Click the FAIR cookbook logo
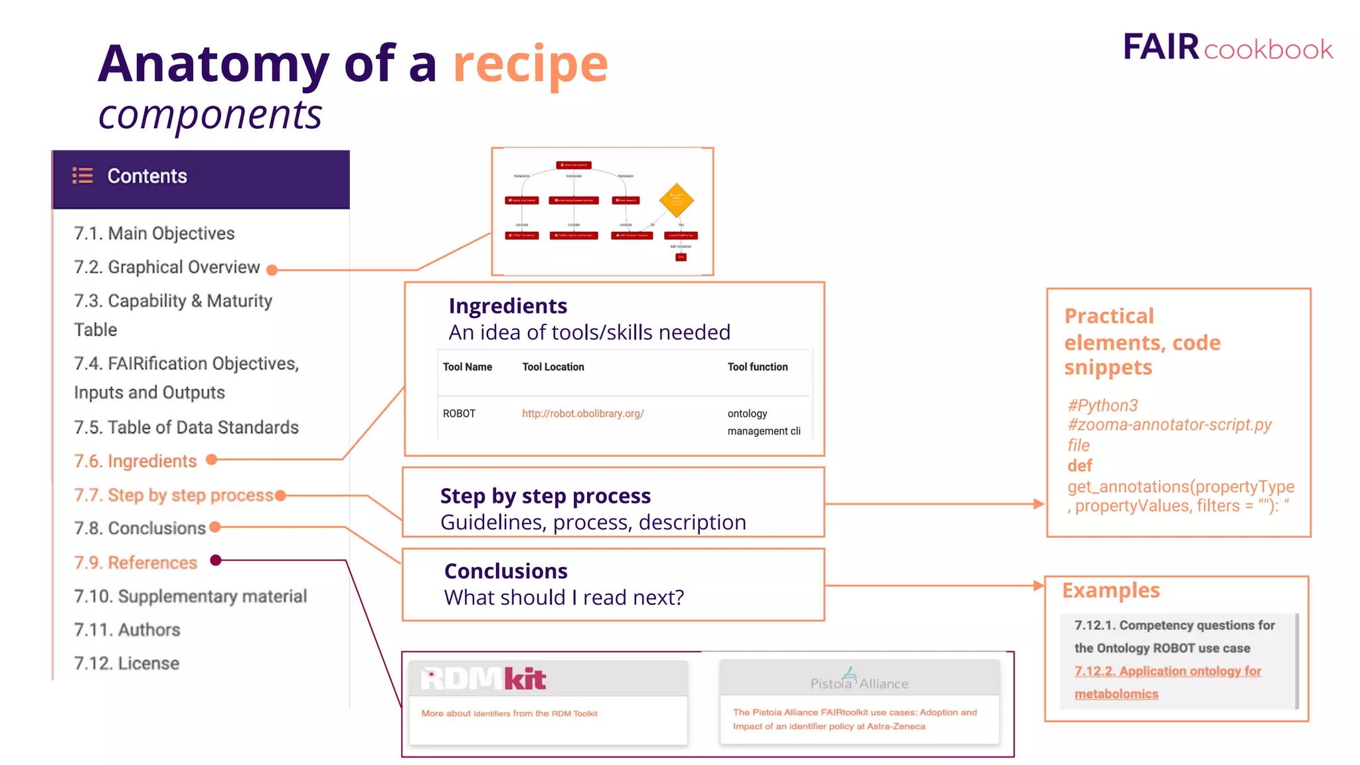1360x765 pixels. click(1227, 48)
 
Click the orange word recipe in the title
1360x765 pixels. click(530, 64)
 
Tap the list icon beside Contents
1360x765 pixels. click(82, 175)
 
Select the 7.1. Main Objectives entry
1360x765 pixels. click(154, 233)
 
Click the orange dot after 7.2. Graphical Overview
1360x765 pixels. click(272, 270)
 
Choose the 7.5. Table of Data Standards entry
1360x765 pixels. click(186, 427)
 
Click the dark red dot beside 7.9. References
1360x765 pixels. click(215, 560)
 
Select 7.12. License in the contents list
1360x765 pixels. click(126, 663)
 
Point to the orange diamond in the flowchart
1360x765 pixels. click(676, 200)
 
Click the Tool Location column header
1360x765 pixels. click(552, 367)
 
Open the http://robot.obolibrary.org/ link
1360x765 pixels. click(582, 413)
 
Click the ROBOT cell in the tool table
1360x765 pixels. click(459, 413)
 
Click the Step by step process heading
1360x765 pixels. click(545, 496)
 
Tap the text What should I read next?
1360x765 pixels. click(564, 597)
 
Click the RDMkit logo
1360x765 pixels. click(483, 679)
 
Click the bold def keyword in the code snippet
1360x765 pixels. click(1080, 466)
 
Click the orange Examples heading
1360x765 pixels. click(1110, 590)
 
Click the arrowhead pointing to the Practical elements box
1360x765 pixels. click(1039, 504)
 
